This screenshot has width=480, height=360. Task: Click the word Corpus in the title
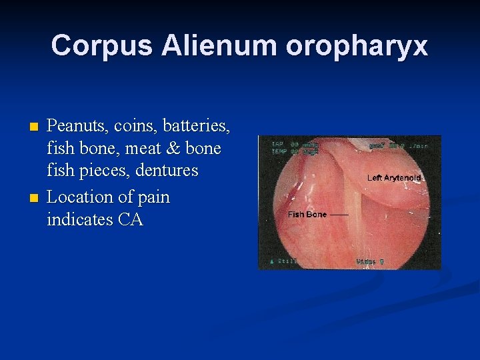click(103, 46)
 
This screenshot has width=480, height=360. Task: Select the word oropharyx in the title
click(357, 46)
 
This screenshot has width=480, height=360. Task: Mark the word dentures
click(167, 171)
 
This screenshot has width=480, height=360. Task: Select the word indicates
click(78, 219)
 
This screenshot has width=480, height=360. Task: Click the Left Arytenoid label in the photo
click(394, 178)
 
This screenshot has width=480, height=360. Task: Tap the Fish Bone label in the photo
click(307, 215)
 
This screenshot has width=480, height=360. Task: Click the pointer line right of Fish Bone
click(339, 215)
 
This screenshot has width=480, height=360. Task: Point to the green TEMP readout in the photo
click(281, 151)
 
